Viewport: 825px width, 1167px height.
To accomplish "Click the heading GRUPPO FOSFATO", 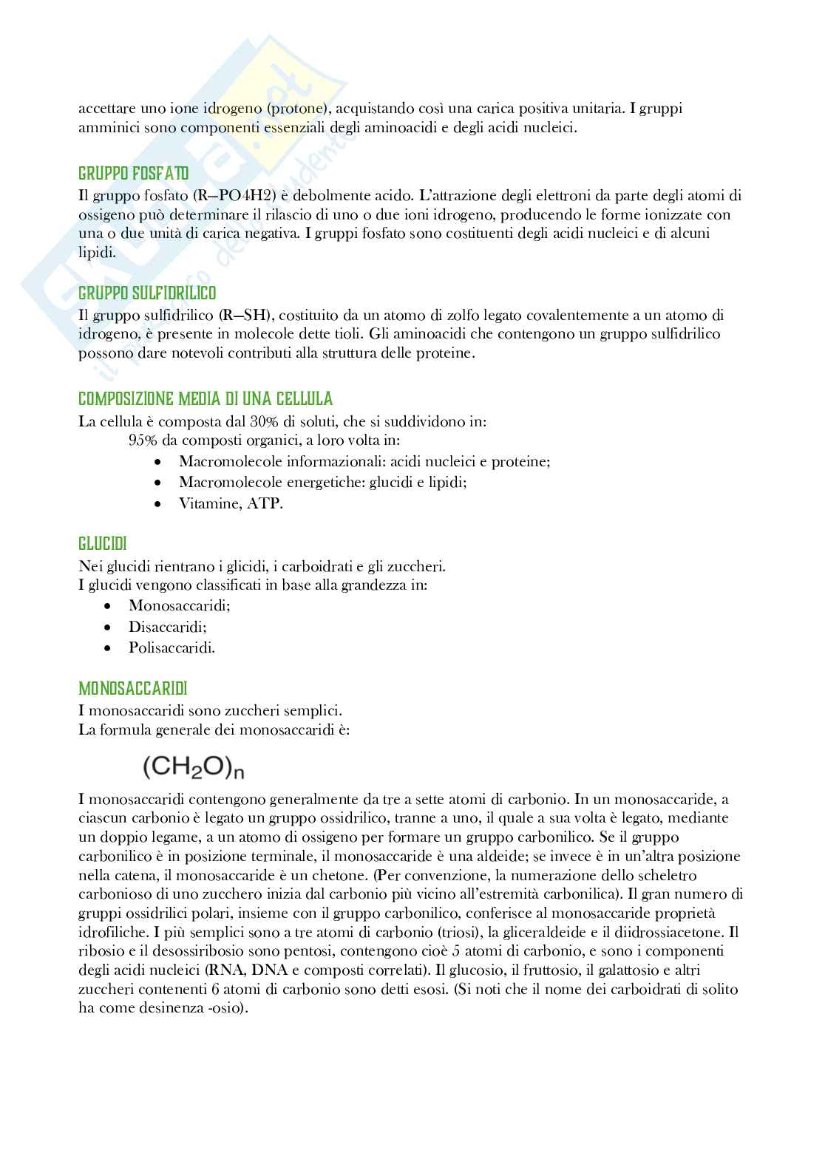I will (x=133, y=174).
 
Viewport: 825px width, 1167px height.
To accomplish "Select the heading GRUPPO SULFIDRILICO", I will (x=147, y=293).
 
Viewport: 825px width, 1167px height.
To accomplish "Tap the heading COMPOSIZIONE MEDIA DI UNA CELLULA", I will (x=206, y=399).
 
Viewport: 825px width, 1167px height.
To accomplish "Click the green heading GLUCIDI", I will (x=102, y=543).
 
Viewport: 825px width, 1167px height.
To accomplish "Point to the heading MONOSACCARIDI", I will (x=133, y=688).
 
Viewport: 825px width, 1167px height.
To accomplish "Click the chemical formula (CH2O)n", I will (x=193, y=766).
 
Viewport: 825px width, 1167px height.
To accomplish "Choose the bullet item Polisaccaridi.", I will (x=172, y=647).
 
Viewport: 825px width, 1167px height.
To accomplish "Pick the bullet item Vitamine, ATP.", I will (x=231, y=503).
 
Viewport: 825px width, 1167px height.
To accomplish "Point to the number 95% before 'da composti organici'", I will (x=144, y=440).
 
